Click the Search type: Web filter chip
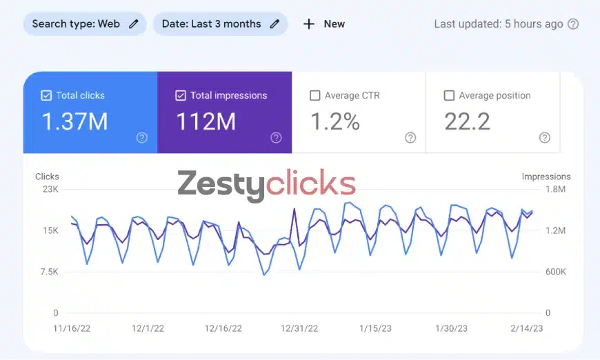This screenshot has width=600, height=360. [x=85, y=23]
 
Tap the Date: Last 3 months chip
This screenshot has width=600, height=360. [x=220, y=23]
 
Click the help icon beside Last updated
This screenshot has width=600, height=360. [x=573, y=24]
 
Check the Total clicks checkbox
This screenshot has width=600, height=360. [x=46, y=96]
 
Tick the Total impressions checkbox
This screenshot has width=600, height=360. [x=181, y=96]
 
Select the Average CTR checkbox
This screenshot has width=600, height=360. [x=315, y=96]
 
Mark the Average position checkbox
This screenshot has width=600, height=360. [x=449, y=96]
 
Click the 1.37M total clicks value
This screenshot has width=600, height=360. [x=74, y=122]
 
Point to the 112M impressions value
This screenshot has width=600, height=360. [x=206, y=122]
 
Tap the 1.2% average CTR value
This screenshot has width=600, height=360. [x=334, y=122]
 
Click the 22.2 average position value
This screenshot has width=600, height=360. [x=467, y=122]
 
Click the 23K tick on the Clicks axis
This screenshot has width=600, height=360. [x=50, y=189]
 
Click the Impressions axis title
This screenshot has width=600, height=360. [x=546, y=177]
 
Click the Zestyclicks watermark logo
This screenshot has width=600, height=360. [x=266, y=184]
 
